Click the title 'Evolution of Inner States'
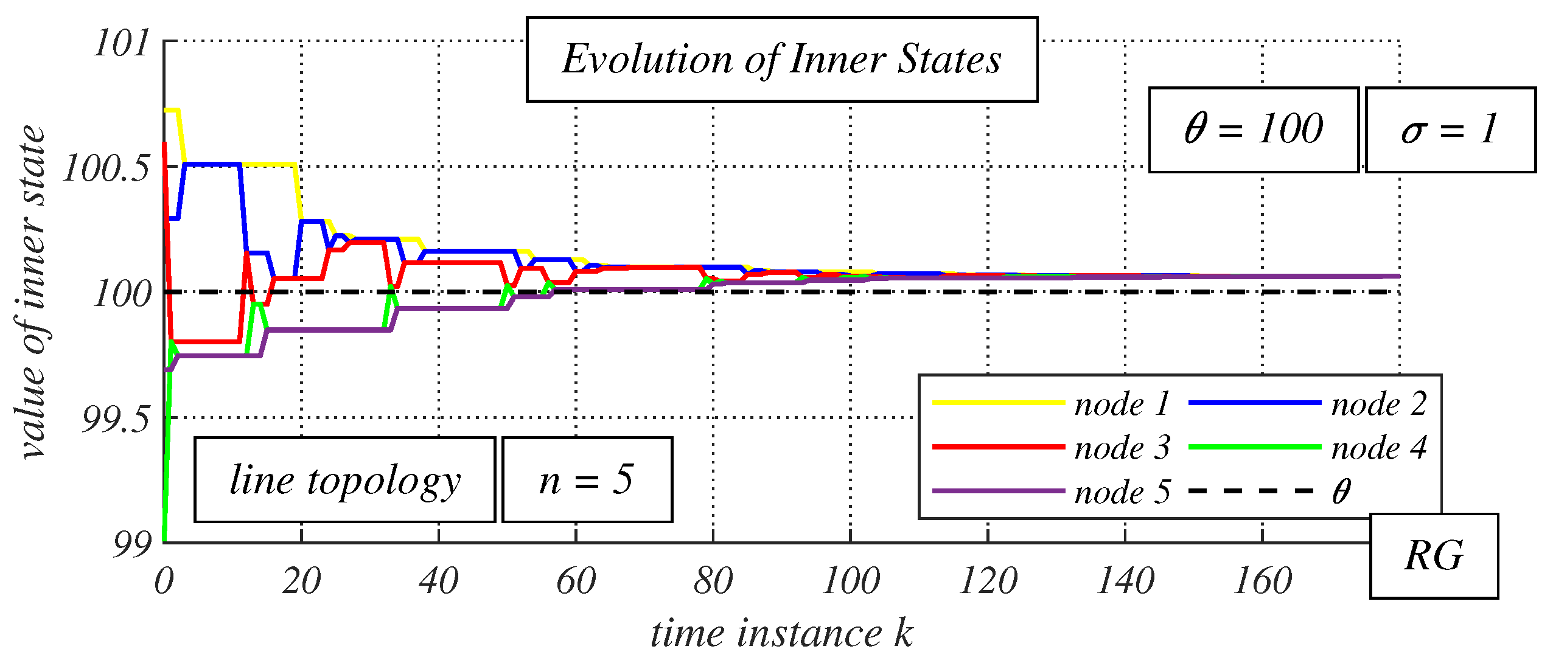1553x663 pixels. pyautogui.click(x=781, y=60)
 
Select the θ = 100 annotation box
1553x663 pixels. pyautogui.click(x=1253, y=130)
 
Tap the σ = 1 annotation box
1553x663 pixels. pyautogui.click(x=1450, y=130)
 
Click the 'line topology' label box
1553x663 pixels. pyautogui.click(x=344, y=479)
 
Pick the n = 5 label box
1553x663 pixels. pyautogui.click(x=587, y=479)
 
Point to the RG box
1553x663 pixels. pyautogui.click(x=1434, y=556)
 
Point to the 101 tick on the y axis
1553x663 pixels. pyautogui.click(x=122, y=44)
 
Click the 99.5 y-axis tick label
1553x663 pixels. pyautogui.click(x=116, y=420)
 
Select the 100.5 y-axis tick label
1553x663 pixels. pyautogui.click(x=106, y=168)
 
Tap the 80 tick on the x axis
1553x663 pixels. pyautogui.click(x=713, y=581)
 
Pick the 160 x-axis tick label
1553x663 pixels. pyautogui.click(x=1263, y=581)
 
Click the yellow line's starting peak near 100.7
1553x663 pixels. pyautogui.click(x=172, y=111)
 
